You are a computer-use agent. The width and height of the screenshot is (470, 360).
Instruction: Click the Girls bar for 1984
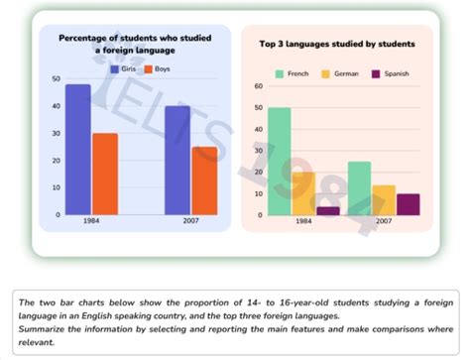(78, 149)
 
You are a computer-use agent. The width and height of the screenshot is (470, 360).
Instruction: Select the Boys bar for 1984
(105, 174)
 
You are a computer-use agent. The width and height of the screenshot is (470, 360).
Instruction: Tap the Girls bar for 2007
(177, 160)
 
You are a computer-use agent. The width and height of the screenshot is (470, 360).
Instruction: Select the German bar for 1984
(303, 193)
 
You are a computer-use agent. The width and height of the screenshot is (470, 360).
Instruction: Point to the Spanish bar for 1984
(328, 210)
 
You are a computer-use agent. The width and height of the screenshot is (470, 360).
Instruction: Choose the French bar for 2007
(359, 188)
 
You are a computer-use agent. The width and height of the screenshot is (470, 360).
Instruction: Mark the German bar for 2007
(384, 199)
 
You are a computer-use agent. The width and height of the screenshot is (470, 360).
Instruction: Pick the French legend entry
(294, 73)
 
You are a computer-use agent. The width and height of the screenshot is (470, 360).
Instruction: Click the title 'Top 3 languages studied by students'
(337, 45)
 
